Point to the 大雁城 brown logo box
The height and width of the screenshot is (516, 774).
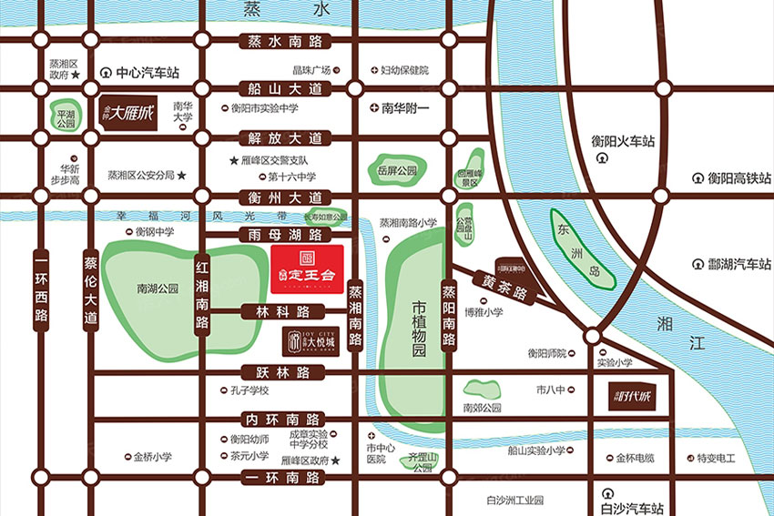[127, 114]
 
